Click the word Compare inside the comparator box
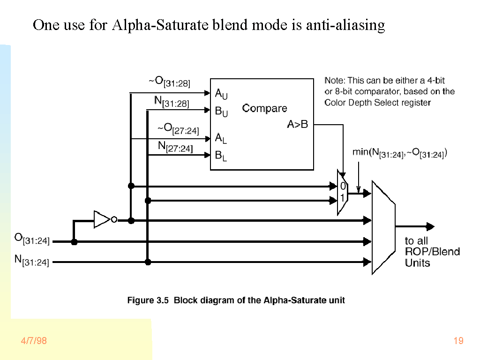(x=264, y=108)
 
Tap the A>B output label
(x=297, y=125)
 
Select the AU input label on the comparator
(x=221, y=94)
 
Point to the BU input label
(x=221, y=112)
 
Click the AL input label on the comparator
(x=221, y=138)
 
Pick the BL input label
(x=221, y=156)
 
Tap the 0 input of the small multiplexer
(x=343, y=187)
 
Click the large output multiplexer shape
(x=383, y=227)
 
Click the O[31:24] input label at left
(x=31, y=238)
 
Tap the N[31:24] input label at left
(x=31, y=260)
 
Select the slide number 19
(x=458, y=341)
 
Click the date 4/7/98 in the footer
(x=33, y=341)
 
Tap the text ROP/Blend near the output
(x=432, y=252)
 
